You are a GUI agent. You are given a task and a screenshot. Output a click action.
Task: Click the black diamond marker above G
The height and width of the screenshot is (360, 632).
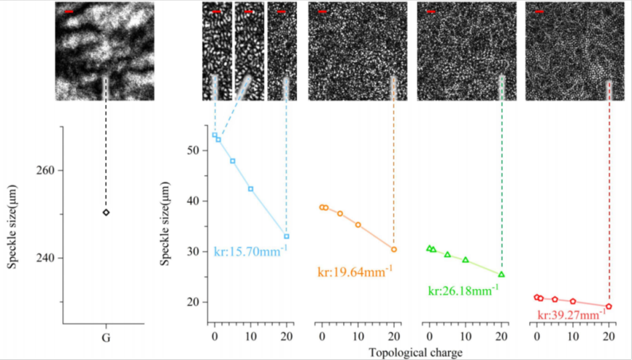point(106,212)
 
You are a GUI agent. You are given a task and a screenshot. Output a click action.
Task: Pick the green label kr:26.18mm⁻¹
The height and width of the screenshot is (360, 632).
point(463,290)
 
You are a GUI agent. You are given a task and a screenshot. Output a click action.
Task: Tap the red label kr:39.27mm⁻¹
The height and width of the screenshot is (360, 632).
point(571,315)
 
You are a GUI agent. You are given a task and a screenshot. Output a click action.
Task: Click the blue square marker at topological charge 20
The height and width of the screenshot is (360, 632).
point(287,236)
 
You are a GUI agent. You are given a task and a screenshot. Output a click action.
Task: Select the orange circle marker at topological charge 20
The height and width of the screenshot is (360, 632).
point(394,249)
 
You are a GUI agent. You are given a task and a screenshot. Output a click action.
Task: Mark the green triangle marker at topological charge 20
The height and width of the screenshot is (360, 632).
point(502,275)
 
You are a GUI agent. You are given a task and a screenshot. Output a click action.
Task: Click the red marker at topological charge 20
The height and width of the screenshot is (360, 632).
point(609,306)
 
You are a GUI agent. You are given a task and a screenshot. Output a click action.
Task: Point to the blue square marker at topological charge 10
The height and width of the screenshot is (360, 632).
point(250,189)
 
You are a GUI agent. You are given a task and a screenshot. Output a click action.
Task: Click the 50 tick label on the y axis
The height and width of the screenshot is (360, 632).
point(191,150)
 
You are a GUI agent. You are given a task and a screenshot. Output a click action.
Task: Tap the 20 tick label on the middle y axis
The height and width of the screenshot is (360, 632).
point(191,302)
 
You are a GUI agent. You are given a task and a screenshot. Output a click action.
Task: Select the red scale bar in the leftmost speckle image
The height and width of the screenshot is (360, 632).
point(69,12)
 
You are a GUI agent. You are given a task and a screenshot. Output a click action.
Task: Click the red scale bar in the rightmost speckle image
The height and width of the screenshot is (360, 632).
point(539,12)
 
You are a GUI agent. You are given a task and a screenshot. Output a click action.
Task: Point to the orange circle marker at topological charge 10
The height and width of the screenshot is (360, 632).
point(358,225)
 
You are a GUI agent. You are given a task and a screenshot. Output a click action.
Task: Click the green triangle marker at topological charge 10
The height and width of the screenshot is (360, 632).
point(465,260)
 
